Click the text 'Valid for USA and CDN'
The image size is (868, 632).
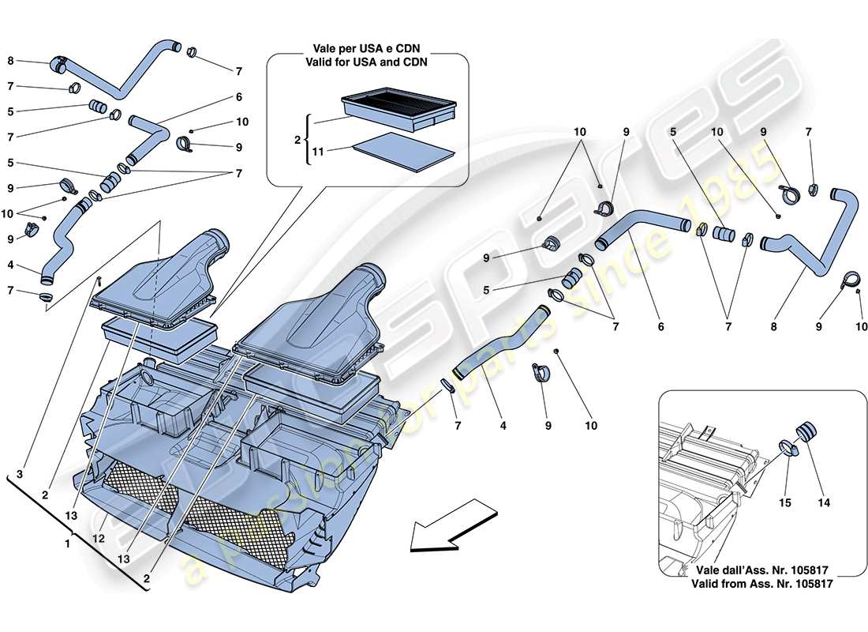[367, 63]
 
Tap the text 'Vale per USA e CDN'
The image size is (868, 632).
[367, 49]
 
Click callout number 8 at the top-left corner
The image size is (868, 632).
[10, 60]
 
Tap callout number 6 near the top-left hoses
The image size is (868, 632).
[238, 97]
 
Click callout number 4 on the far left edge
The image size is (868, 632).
[10, 265]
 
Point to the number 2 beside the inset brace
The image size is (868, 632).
[297, 139]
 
